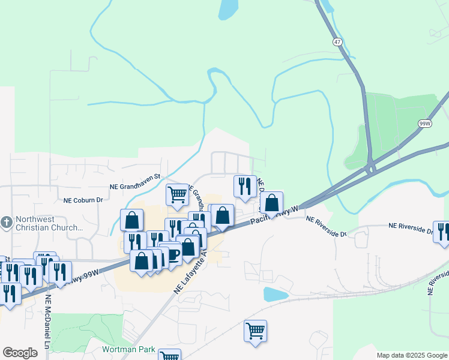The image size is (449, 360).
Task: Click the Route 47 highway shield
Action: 337,43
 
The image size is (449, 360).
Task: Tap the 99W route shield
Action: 425,124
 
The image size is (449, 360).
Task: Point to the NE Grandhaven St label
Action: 134,177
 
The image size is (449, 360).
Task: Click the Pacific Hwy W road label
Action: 274,217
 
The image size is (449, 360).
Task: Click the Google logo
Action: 20,353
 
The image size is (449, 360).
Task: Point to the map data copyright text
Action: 411,355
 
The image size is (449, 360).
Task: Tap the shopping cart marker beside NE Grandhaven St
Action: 177,194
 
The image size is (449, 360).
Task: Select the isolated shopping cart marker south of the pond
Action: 255,330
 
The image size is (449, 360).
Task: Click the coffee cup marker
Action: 172,253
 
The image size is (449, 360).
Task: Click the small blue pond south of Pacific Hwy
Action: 276,294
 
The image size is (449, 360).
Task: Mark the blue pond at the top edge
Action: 228,10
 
